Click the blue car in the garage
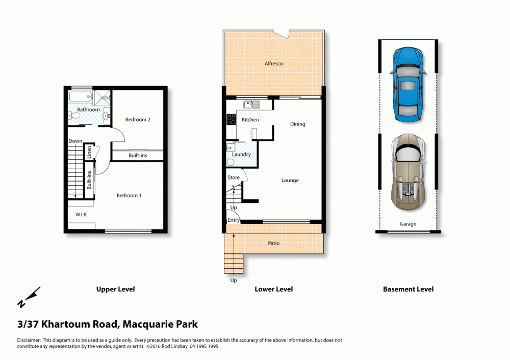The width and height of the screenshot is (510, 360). click(408, 85)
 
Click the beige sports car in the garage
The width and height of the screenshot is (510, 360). click(408, 172)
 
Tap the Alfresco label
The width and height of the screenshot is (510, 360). click(273, 63)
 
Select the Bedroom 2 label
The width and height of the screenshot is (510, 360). click(138, 120)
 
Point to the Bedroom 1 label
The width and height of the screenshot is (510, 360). click(129, 195)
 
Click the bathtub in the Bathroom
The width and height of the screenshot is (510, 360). click(81, 96)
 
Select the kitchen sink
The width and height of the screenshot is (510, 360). click(252, 105)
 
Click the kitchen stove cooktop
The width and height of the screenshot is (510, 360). click(231, 119)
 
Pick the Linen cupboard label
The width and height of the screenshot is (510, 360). click(89, 152)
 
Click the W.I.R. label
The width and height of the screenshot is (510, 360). click(81, 215)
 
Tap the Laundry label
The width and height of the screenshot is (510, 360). click(241, 155)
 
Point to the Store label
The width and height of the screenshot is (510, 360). click(234, 177)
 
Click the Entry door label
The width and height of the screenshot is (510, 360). click(233, 220)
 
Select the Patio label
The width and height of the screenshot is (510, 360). click(273, 243)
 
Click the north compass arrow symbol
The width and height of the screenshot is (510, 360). click(29, 297)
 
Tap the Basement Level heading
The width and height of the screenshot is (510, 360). click(408, 289)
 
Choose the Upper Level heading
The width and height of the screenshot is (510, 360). click(115, 289)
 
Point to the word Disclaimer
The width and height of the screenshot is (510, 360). click(29, 340)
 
